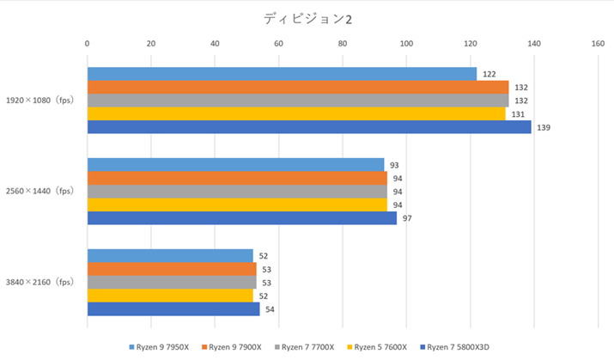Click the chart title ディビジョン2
pyautogui.click(x=307, y=17)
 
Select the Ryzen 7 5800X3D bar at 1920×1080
pyautogui.click(x=309, y=127)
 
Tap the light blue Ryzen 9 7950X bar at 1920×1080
pyautogui.click(x=282, y=74)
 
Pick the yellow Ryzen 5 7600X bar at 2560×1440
pyautogui.click(x=237, y=204)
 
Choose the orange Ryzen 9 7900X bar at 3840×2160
pyautogui.click(x=172, y=269)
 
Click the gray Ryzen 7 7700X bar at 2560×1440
pyautogui.click(x=237, y=192)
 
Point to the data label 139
pyautogui.click(x=544, y=128)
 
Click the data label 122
pyautogui.click(x=489, y=75)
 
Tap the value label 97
pyautogui.click(x=408, y=218)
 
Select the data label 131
pyautogui.click(x=517, y=114)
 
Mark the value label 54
pyautogui.click(x=270, y=308)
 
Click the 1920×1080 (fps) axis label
pyautogui.click(x=41, y=101)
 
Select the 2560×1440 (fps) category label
pyautogui.click(x=41, y=191)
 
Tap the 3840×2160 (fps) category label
pyautogui.click(x=41, y=282)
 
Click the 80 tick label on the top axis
pyautogui.click(x=343, y=42)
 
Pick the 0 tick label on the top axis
pyautogui.click(x=87, y=42)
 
